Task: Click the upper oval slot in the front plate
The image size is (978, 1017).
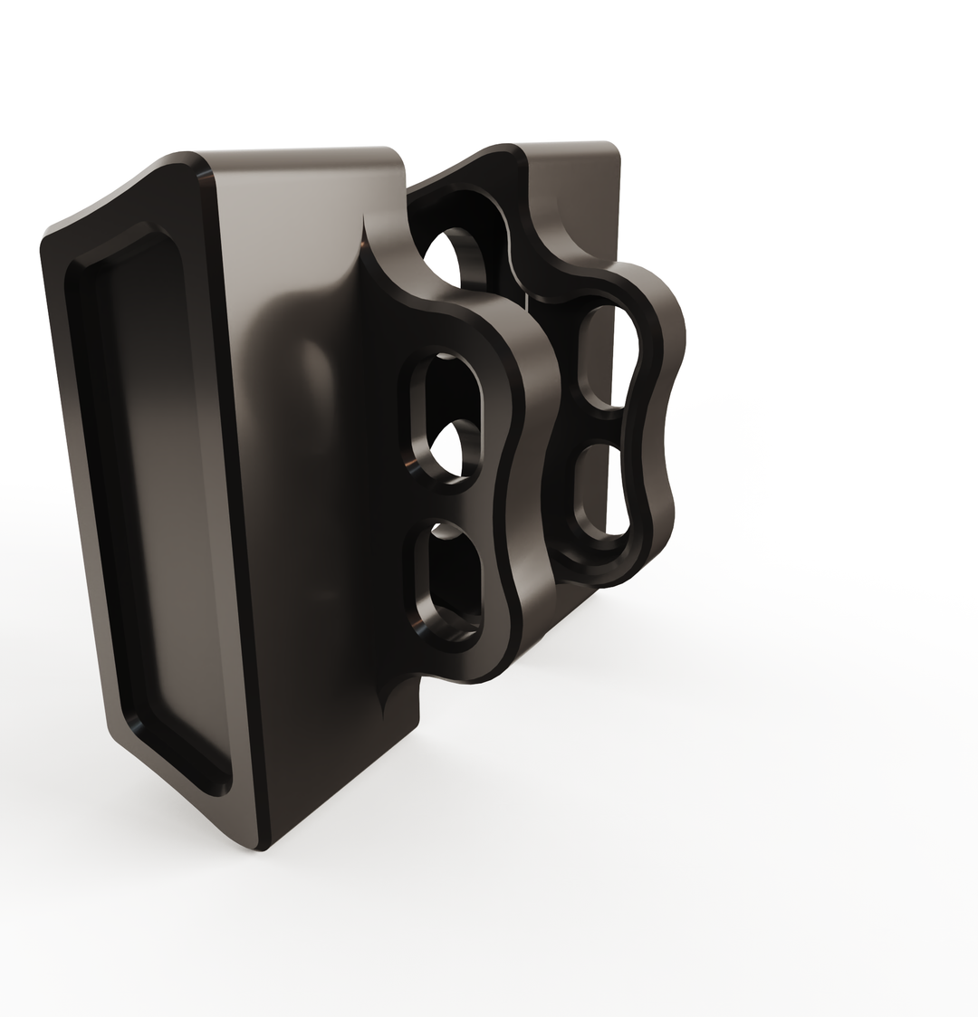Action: coord(445,413)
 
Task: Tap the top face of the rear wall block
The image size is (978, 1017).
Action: coord(570,148)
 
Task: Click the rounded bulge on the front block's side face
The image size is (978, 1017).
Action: coord(312,380)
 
